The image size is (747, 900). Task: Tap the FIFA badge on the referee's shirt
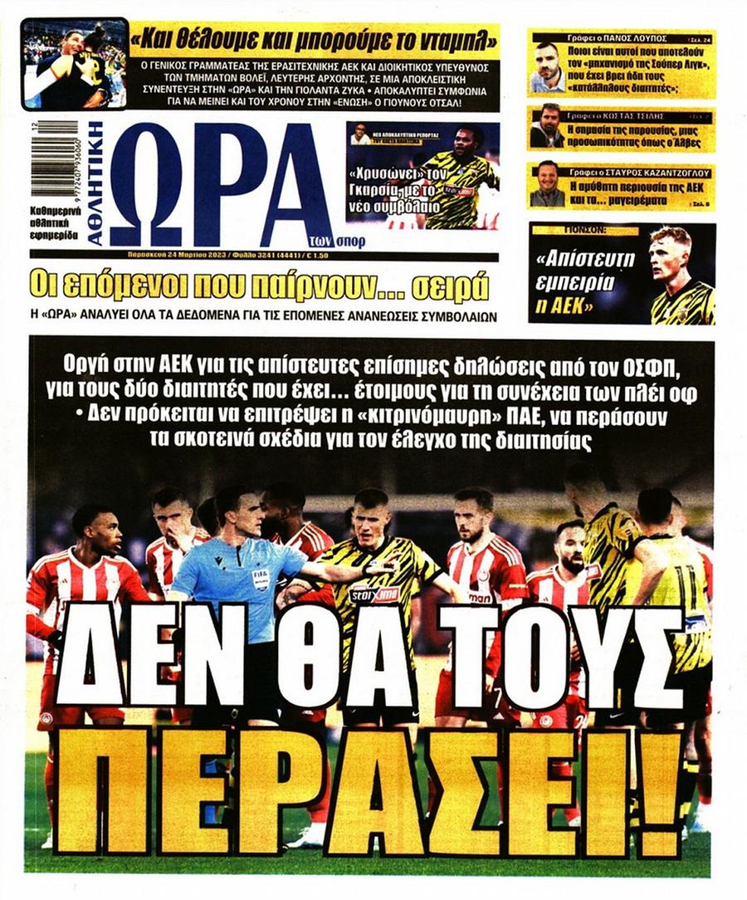261,579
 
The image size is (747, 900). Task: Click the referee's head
233,512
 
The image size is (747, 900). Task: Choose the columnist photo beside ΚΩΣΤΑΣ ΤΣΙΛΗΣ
547,127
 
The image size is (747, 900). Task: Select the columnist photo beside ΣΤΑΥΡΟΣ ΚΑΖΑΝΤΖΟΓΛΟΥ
547,184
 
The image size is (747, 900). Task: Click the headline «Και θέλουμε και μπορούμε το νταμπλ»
315,38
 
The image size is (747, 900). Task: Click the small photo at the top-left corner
75,63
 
